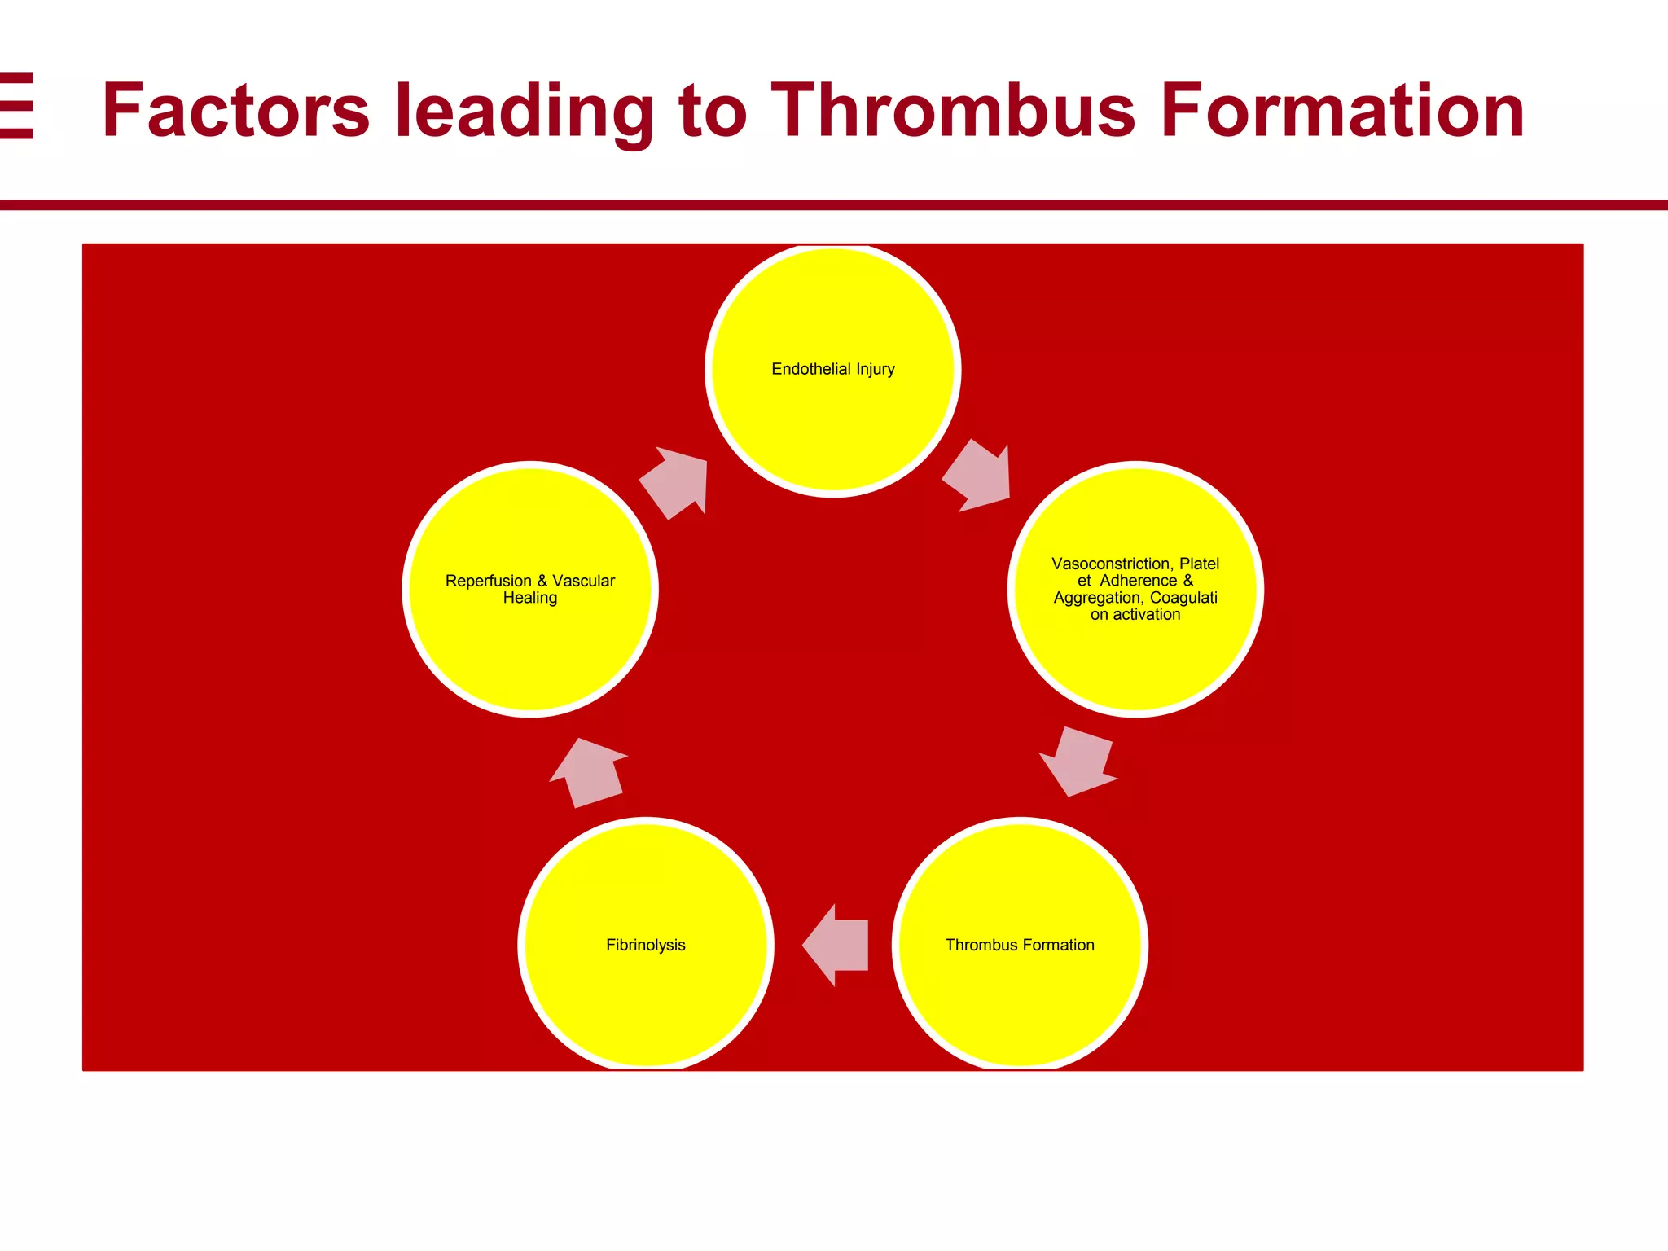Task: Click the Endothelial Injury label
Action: [832, 369]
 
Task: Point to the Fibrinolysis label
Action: [645, 945]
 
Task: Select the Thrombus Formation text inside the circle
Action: [1020, 945]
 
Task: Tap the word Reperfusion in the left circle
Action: [488, 581]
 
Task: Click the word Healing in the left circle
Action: [530, 598]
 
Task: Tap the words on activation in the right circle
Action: [1135, 615]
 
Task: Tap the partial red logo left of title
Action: [16, 107]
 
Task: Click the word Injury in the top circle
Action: [876, 369]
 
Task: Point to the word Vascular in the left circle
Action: [583, 581]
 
